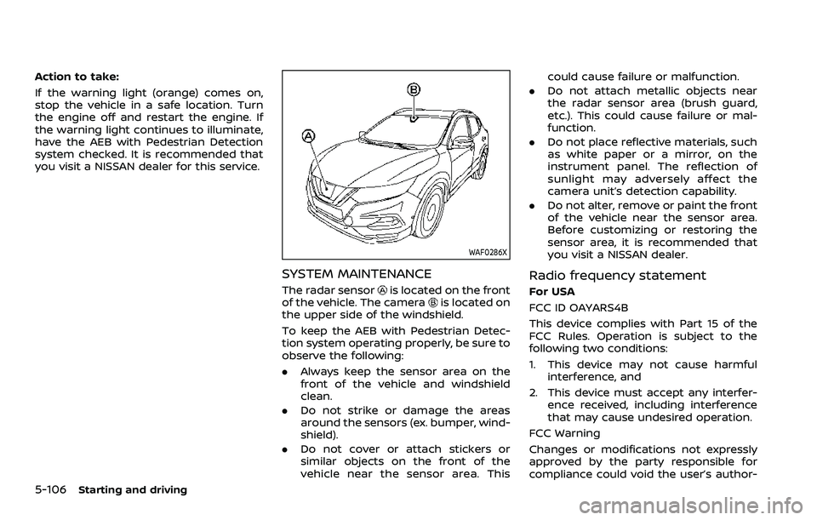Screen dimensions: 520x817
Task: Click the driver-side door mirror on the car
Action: pyautogui.click(x=463, y=143)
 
